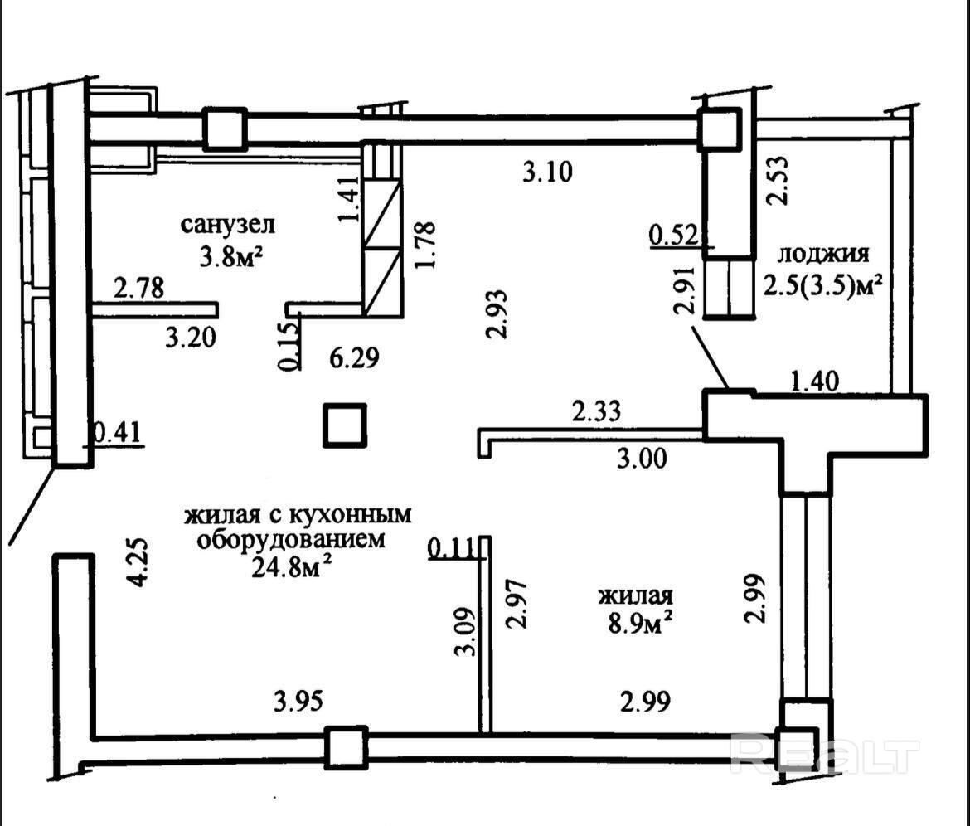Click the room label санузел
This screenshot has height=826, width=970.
(x=228, y=225)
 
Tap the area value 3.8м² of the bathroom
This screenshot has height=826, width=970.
(x=228, y=256)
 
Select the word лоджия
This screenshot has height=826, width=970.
(x=823, y=254)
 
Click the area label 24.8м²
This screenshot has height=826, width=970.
(x=294, y=566)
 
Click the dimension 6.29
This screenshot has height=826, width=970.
(x=353, y=357)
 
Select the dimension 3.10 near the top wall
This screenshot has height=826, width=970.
(x=547, y=172)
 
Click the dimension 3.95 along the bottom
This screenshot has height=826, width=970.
(x=298, y=702)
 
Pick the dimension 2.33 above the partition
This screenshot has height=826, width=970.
(x=596, y=411)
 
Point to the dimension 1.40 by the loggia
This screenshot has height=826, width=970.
(x=815, y=380)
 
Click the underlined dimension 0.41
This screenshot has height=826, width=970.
(x=118, y=433)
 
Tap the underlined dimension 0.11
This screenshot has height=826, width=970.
(x=453, y=547)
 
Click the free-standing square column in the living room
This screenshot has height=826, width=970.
(x=345, y=425)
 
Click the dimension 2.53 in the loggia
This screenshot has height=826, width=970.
(x=778, y=180)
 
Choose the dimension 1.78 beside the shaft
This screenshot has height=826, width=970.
(x=426, y=245)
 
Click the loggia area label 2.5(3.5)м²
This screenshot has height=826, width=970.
(x=822, y=286)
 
